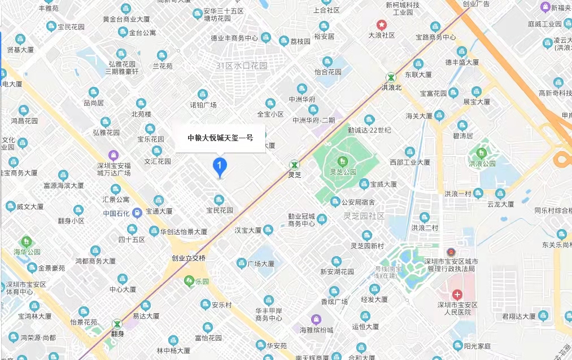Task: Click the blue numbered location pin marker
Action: (219, 165)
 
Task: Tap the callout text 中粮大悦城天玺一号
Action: (220, 137)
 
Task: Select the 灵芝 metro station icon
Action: (294, 165)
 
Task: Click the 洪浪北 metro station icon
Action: (391, 77)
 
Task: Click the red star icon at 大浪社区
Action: (382, 25)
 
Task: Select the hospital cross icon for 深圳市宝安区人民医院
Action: (457, 295)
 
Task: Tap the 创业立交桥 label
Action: (189, 258)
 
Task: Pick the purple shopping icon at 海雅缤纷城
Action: (316, 319)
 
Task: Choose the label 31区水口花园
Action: (241, 66)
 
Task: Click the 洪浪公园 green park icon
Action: (482, 153)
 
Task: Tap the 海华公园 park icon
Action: (25, 242)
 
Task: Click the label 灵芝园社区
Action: (364, 216)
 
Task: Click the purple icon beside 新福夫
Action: (545, 7)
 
